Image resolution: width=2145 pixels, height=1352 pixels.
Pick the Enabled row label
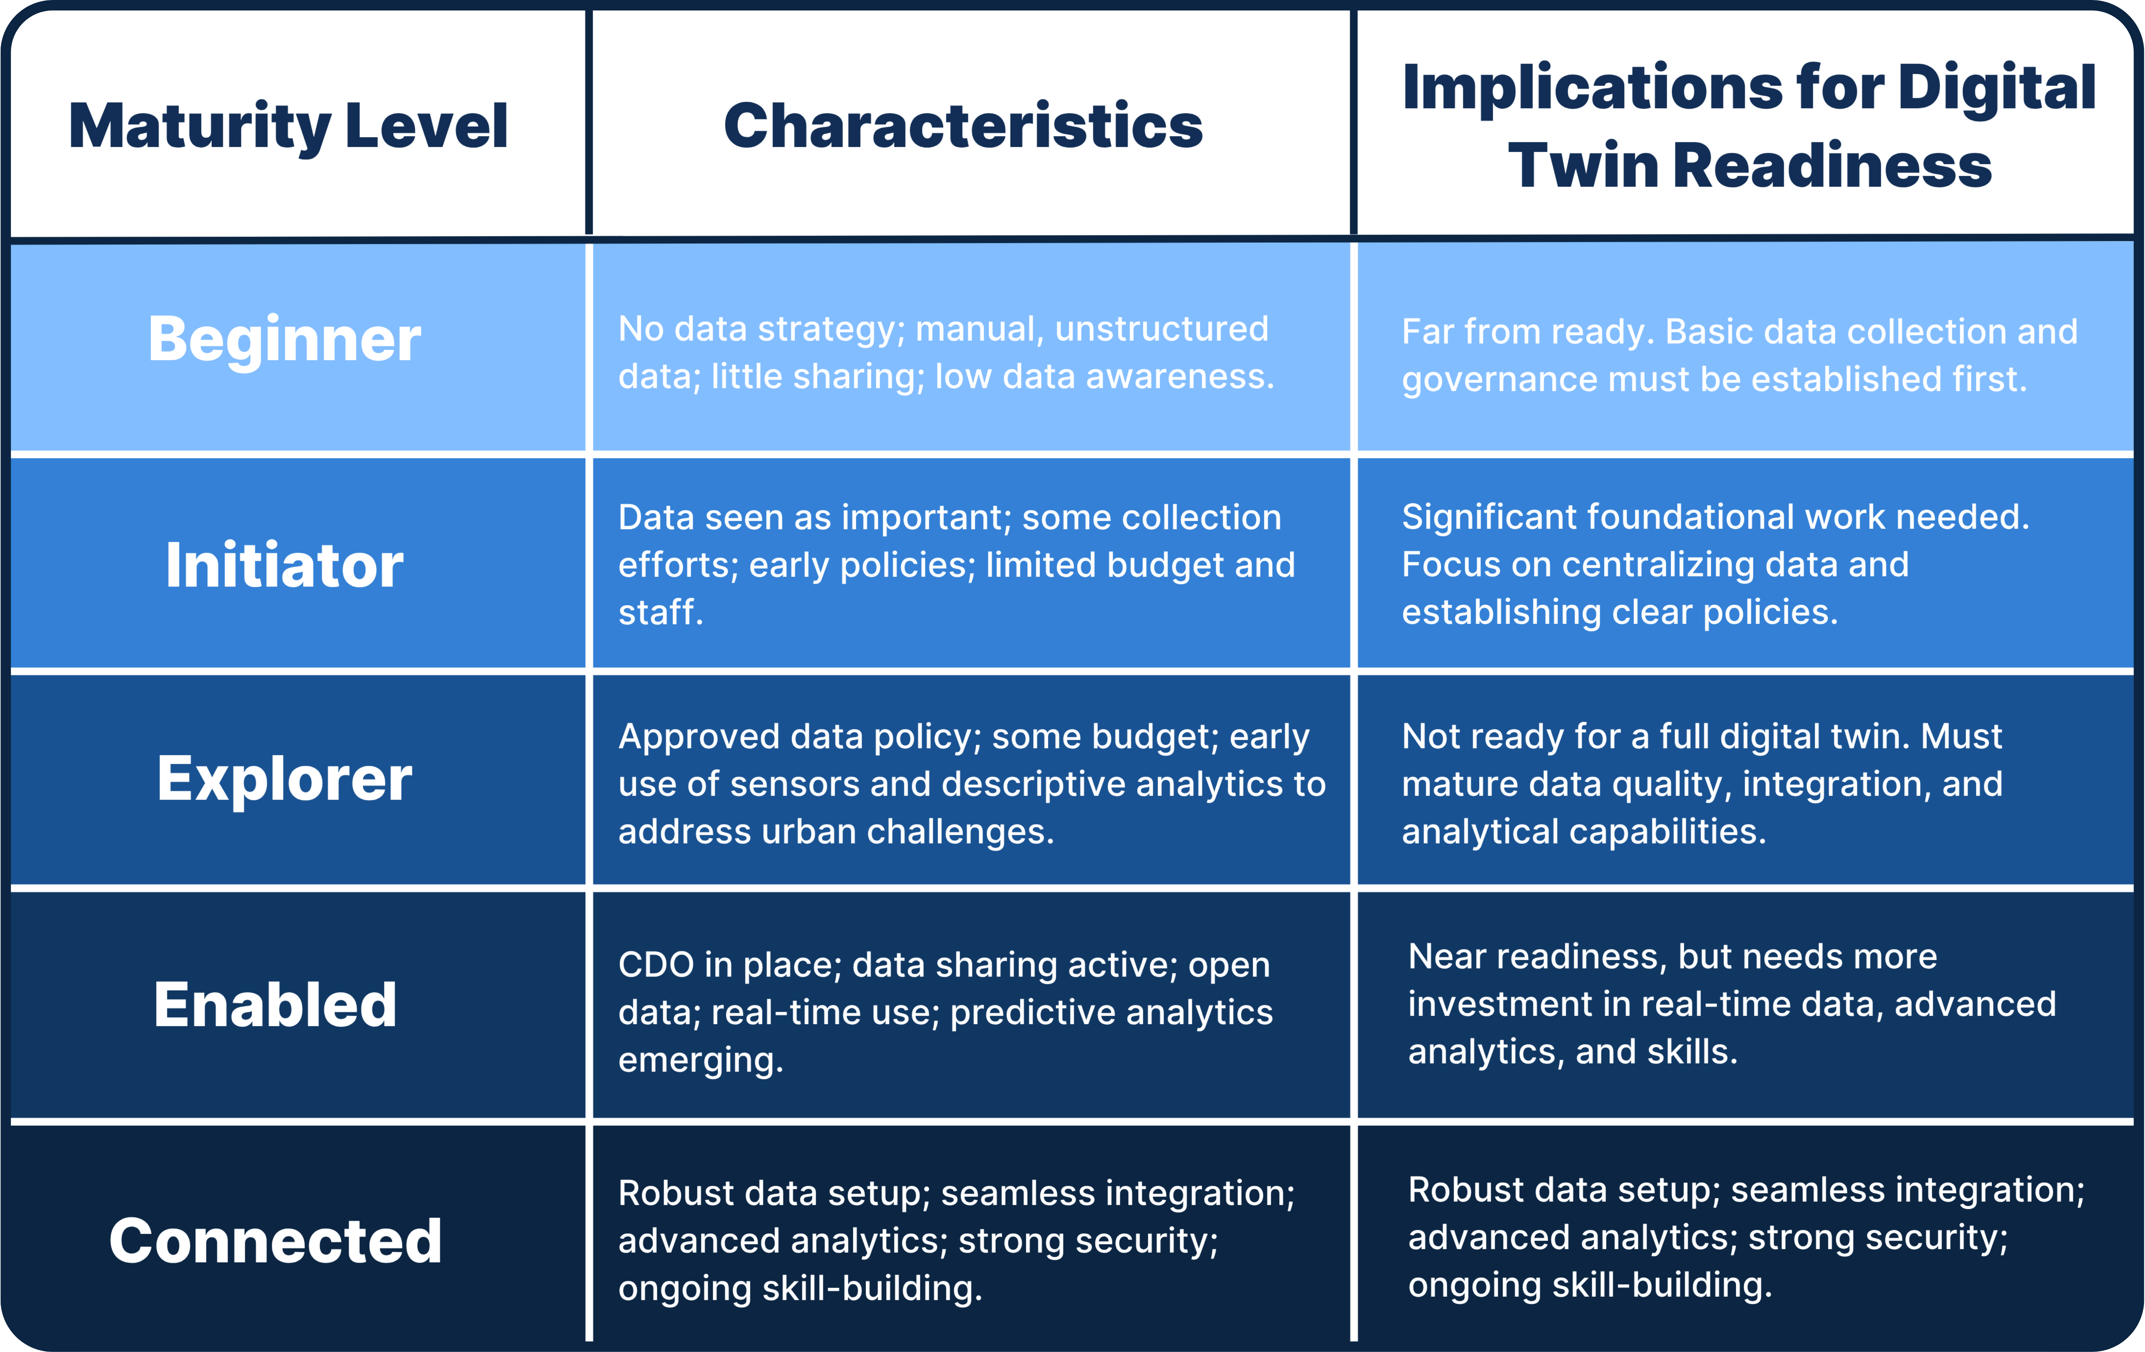point(275,1005)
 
